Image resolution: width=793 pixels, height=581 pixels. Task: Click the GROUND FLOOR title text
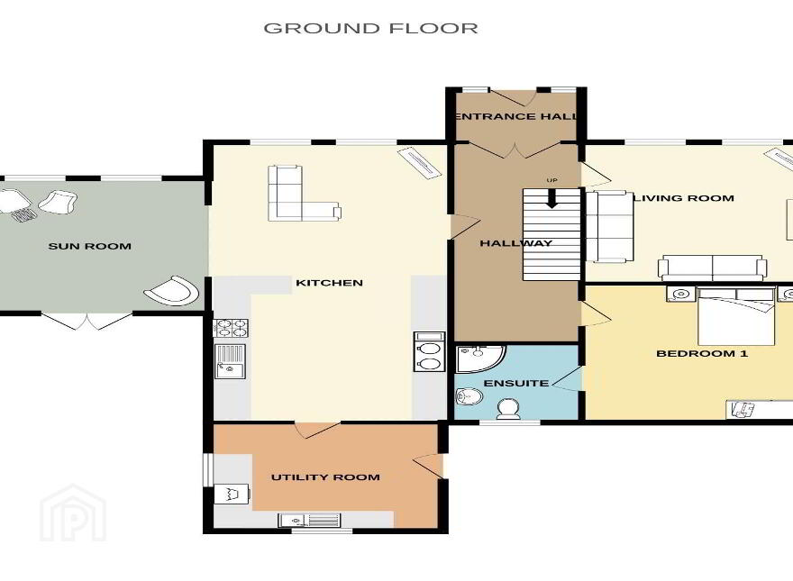(370, 28)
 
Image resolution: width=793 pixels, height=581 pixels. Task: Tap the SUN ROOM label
(90, 246)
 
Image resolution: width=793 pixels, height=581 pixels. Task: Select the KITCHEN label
(329, 283)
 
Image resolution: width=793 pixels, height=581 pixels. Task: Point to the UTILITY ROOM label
(325, 477)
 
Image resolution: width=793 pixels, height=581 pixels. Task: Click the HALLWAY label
(515, 243)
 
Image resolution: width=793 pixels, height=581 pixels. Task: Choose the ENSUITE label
(516, 384)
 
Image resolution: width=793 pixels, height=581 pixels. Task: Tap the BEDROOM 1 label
(702, 353)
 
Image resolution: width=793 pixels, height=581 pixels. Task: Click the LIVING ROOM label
(684, 198)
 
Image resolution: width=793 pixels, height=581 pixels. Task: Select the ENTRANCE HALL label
(516, 116)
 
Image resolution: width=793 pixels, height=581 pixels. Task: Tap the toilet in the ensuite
(508, 409)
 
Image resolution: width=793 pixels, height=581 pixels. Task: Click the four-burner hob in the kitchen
(231, 328)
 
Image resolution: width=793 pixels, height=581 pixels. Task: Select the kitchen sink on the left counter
(230, 361)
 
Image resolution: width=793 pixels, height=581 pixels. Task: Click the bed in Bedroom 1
(736, 316)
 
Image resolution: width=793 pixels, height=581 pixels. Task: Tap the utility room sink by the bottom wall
(309, 520)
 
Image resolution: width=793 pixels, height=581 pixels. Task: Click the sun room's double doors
(87, 321)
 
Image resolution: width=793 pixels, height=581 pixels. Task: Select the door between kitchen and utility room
(317, 430)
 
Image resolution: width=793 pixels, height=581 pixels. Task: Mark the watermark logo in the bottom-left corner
(73, 513)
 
